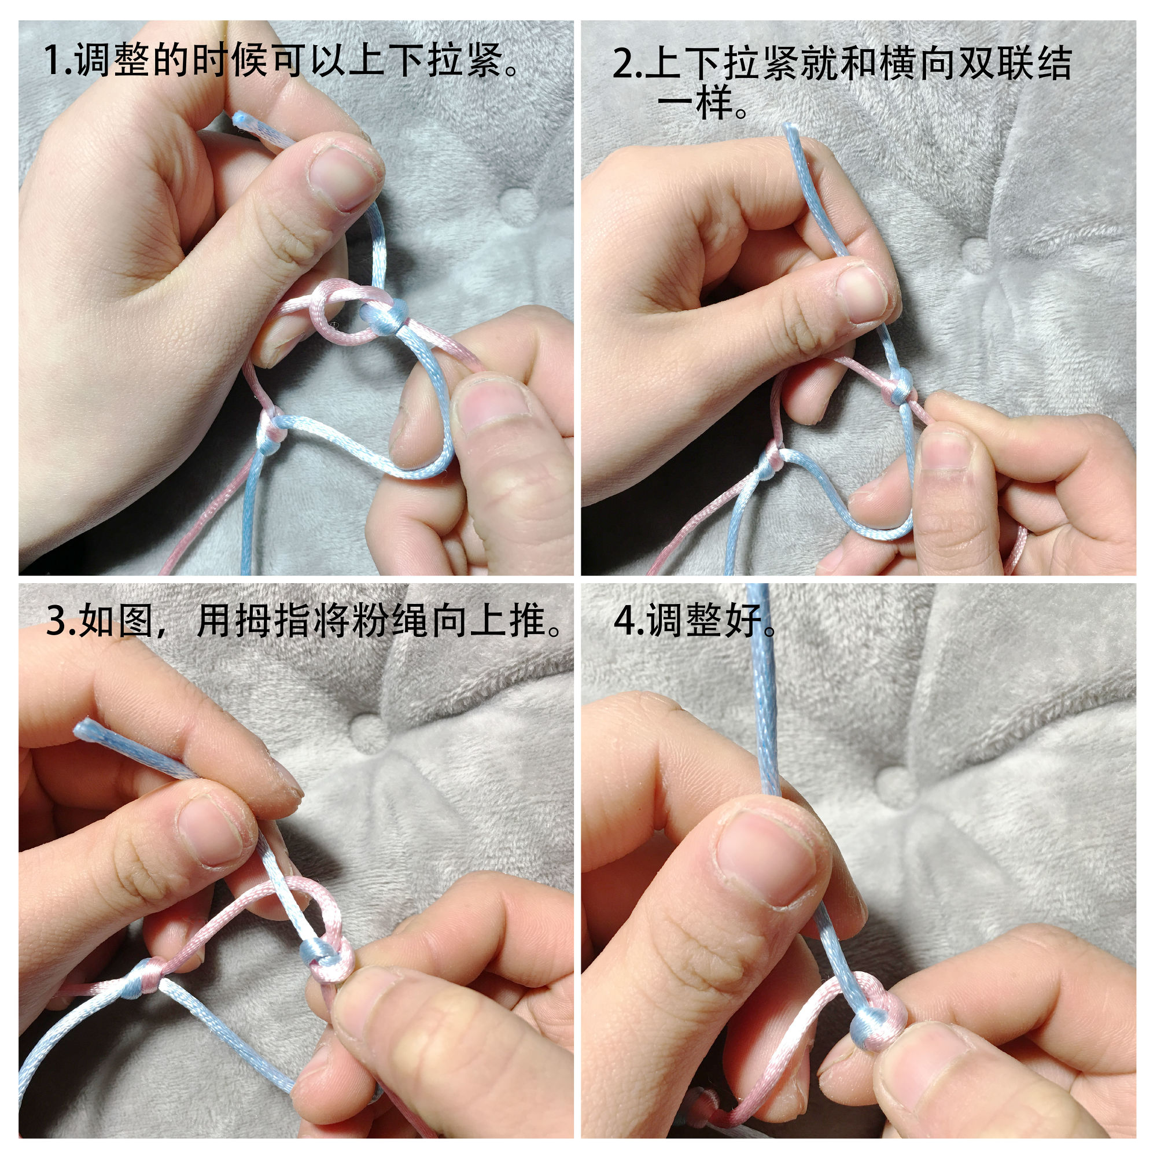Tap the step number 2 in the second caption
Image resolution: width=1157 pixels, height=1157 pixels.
622,64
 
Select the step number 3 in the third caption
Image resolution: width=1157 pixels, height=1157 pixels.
56,621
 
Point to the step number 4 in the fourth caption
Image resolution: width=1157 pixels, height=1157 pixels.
624,621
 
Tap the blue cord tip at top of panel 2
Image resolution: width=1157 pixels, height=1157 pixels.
790,128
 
